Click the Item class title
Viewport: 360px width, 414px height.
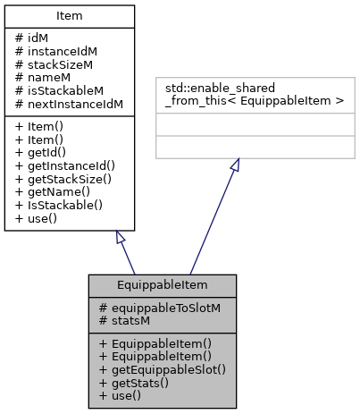(x=70, y=16)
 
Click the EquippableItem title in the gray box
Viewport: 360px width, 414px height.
(x=163, y=285)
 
